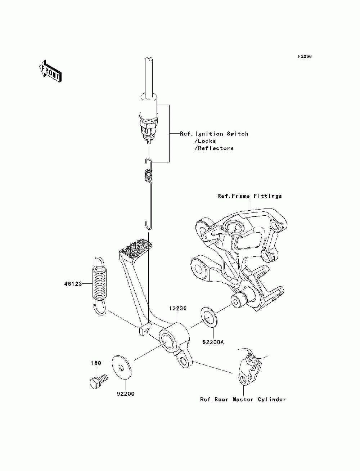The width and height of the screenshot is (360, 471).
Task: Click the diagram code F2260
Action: (x=305, y=57)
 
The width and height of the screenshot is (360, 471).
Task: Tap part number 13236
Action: (x=177, y=309)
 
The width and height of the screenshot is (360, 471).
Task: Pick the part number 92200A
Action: (x=213, y=342)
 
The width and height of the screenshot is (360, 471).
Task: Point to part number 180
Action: (x=96, y=363)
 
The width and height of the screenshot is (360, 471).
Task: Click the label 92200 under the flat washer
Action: (x=126, y=394)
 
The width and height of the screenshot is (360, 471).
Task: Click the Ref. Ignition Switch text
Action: (x=214, y=134)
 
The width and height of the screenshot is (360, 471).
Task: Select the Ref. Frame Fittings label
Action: (x=249, y=196)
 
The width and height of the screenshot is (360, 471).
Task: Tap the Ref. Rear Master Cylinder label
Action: (x=243, y=399)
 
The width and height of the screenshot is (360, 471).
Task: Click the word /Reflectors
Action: (x=214, y=148)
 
